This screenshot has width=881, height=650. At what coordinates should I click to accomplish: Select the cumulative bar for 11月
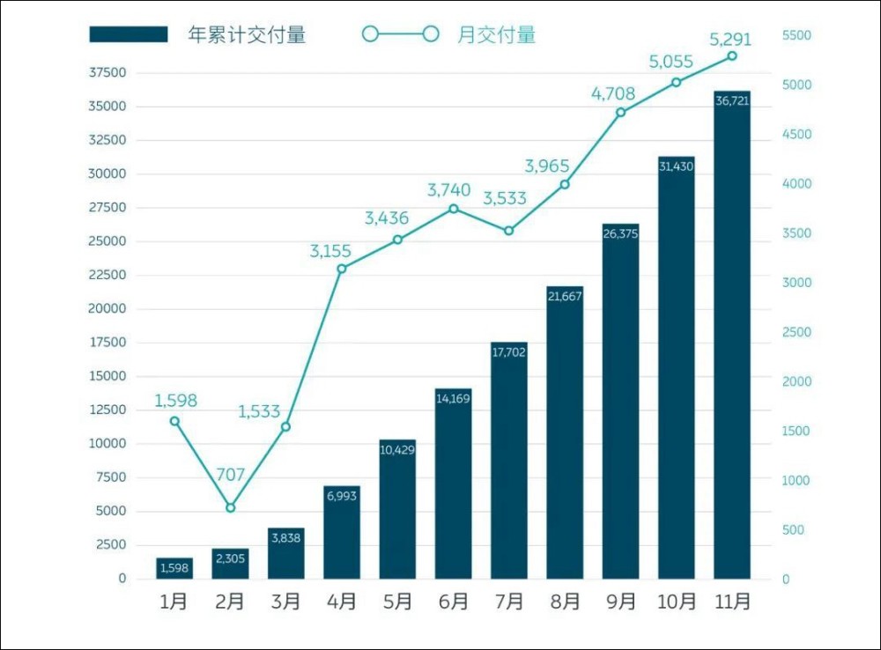(x=731, y=335)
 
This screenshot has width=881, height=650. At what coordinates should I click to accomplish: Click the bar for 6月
(x=453, y=484)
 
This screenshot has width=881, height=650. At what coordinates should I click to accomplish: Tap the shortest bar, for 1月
(x=174, y=568)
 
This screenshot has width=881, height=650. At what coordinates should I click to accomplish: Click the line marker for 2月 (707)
(x=230, y=508)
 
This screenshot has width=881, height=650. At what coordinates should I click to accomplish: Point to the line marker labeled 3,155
(x=342, y=269)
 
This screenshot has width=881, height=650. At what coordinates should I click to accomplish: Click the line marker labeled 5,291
(x=731, y=55)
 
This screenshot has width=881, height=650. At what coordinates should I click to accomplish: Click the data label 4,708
(x=613, y=93)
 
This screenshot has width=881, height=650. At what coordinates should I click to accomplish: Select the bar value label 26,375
(x=620, y=233)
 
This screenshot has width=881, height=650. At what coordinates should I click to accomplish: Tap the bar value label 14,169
(x=453, y=399)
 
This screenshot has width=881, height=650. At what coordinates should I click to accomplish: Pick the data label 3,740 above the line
(x=449, y=190)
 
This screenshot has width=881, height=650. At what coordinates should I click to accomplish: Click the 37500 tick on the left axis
(x=107, y=72)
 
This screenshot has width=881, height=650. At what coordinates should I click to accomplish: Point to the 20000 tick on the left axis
(x=107, y=308)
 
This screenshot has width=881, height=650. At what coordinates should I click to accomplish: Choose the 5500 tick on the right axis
(x=796, y=35)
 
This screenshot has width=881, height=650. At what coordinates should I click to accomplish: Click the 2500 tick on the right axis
(x=796, y=332)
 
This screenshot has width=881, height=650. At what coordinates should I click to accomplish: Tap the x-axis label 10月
(x=677, y=602)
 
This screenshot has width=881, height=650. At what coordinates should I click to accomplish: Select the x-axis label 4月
(x=342, y=602)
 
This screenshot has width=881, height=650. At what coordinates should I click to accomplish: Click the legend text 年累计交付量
(x=247, y=35)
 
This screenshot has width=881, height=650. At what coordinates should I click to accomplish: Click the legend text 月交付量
(x=496, y=35)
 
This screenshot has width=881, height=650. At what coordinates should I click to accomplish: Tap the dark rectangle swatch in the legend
(x=128, y=34)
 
